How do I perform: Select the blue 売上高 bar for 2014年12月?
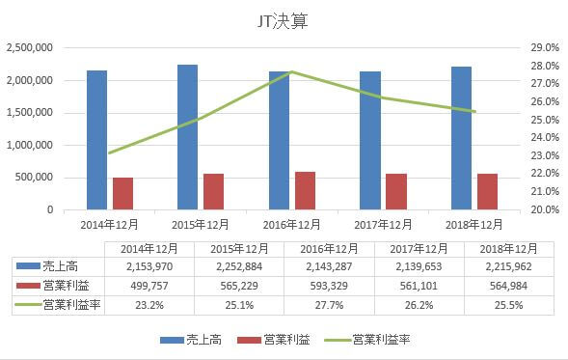coord(96,140)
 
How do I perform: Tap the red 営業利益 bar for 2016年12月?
coord(305,190)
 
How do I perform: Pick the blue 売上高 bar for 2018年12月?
coord(461,138)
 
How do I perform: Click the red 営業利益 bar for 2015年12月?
coord(213,191)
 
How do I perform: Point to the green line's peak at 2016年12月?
coord(292,72)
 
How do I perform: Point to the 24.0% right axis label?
coord(545,137)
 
